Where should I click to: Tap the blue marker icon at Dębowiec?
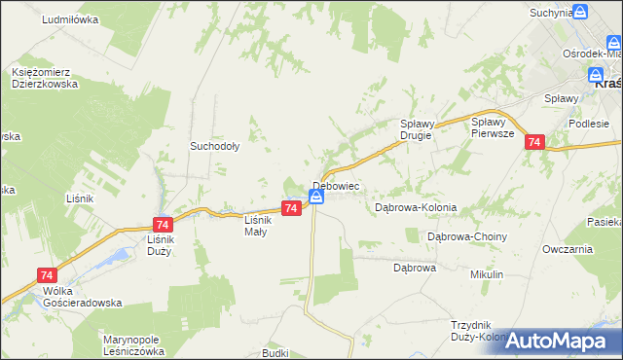pyautogui.click(x=316, y=197)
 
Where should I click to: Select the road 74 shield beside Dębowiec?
pyautogui.click(x=291, y=208)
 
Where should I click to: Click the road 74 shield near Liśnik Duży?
pyautogui.click(x=162, y=223)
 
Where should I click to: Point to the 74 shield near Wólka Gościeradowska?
pyautogui.click(x=45, y=276)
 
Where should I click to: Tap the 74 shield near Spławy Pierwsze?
pyautogui.click(x=533, y=142)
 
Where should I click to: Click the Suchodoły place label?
pyautogui.click(x=214, y=147)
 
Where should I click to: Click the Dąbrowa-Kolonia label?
pyautogui.click(x=416, y=208)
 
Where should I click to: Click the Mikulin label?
pyautogui.click(x=487, y=275)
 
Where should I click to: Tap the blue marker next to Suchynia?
pyautogui.click(x=580, y=12)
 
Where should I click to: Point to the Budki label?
pyautogui.click(x=275, y=353)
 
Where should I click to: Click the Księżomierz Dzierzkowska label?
pyautogui.click(x=46, y=78)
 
